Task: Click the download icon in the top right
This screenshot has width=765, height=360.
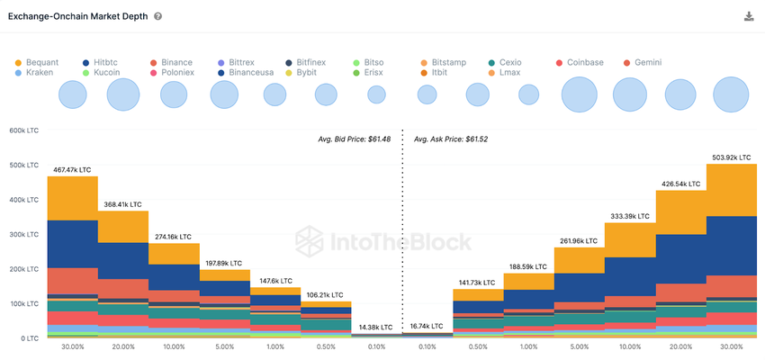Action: pyautogui.click(x=749, y=16)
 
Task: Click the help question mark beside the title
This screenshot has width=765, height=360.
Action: pyautogui.click(x=158, y=17)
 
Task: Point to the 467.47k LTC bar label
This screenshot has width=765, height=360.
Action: pyautogui.click(x=71, y=169)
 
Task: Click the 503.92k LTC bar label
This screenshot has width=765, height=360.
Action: pyautogui.click(x=732, y=157)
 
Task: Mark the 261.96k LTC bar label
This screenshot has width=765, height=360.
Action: pyautogui.click(x=579, y=240)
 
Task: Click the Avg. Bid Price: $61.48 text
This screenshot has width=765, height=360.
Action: pyautogui.click(x=354, y=139)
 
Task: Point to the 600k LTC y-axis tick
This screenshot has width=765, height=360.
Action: pyautogui.click(x=23, y=130)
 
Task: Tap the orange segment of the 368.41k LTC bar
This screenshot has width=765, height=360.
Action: pyautogui.click(x=122, y=227)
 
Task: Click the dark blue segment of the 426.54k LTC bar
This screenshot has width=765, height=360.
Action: pyautogui.click(x=680, y=259)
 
